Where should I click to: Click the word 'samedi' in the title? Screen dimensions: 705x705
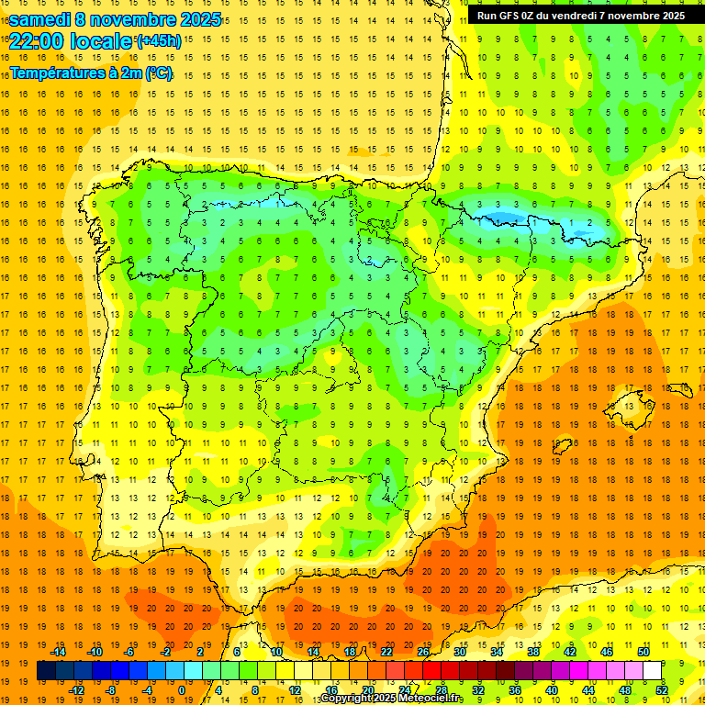coord(39,19)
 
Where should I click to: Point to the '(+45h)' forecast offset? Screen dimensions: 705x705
coord(159,41)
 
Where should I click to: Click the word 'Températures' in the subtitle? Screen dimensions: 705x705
coord(53,73)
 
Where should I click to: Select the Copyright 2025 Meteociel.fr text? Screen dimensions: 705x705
coord(391,699)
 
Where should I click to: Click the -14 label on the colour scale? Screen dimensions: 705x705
coord(58,652)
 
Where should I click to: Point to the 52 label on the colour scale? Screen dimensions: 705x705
coord(662,690)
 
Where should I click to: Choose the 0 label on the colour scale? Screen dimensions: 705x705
coord(182,690)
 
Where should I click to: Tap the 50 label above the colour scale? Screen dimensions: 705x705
coord(643,652)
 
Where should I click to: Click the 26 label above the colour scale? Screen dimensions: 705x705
coord(423,652)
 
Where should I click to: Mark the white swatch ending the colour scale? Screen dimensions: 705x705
coord(653,671)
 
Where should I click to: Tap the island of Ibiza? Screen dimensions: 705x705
coord(562,447)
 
